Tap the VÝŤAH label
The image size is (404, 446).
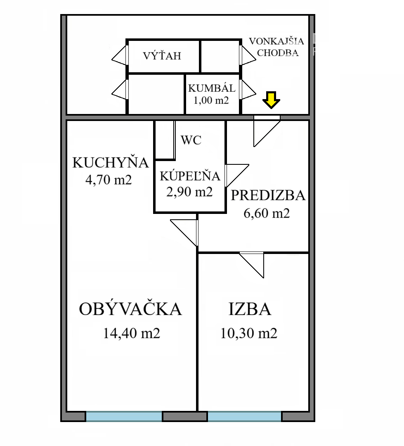(x=162, y=55)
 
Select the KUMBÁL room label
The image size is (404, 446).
(x=212, y=88)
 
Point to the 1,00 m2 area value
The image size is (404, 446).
(x=211, y=100)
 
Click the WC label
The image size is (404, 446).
(x=191, y=140)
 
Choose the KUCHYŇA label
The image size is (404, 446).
(x=111, y=162)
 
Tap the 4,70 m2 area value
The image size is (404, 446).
(x=109, y=180)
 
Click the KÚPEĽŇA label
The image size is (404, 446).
(x=190, y=176)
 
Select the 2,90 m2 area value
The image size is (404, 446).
(x=189, y=192)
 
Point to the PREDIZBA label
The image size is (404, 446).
(x=268, y=195)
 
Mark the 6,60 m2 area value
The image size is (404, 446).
(x=267, y=213)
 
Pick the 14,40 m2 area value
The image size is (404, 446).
(x=131, y=333)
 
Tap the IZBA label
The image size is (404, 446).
(x=250, y=309)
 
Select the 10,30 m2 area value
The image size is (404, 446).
(x=249, y=333)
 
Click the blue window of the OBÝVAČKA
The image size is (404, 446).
(x=124, y=416)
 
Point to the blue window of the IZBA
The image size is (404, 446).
(x=244, y=416)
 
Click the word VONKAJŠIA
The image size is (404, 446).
(x=276, y=41)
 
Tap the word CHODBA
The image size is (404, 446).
(x=278, y=53)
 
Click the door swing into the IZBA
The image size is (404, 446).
(x=252, y=265)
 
